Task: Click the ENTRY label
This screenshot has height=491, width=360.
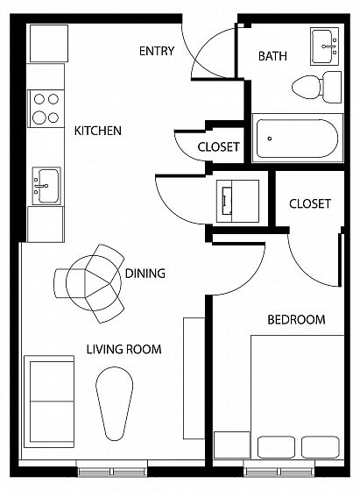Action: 157,51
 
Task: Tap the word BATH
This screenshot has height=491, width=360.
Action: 272,56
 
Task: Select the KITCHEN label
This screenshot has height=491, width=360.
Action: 97,131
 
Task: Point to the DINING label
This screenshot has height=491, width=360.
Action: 145,274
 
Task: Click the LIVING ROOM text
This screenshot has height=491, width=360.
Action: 124,349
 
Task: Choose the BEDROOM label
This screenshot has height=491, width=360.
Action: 296,320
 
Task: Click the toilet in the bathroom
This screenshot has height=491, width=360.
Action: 316,87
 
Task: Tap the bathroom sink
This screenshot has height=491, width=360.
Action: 324,46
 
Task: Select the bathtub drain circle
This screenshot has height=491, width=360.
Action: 270,139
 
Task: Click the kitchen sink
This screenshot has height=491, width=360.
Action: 46,186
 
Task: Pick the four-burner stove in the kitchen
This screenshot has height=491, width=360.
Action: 46,109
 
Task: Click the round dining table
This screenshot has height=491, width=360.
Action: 94,282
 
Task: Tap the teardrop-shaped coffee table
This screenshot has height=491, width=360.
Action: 114,403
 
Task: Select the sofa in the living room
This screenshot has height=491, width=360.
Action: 49,402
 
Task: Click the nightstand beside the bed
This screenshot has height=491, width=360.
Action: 232,445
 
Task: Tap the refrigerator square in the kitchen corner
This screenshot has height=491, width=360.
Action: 49,43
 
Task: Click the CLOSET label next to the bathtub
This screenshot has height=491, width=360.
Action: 218,147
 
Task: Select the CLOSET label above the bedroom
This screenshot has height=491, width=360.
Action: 310,203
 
